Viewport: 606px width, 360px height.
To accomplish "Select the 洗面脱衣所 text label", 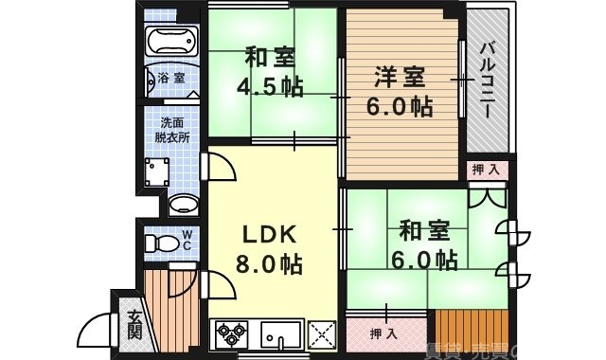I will pyautogui.click(x=172, y=129).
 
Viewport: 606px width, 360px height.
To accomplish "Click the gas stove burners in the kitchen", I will pyautogui.click(x=232, y=333).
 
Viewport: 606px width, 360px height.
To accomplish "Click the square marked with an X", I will pyautogui.click(x=323, y=333).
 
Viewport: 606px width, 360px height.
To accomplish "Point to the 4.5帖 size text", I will pyautogui.click(x=269, y=86).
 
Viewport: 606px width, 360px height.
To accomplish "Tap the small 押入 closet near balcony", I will pyautogui.click(x=487, y=170).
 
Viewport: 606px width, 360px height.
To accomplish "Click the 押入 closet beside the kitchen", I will pyautogui.click(x=383, y=333).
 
